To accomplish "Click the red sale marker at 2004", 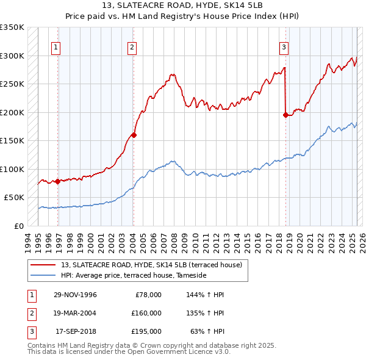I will [134, 135].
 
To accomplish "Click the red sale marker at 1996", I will [57, 181].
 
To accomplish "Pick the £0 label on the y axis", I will [19, 226].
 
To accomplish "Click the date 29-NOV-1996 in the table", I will [75, 295].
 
